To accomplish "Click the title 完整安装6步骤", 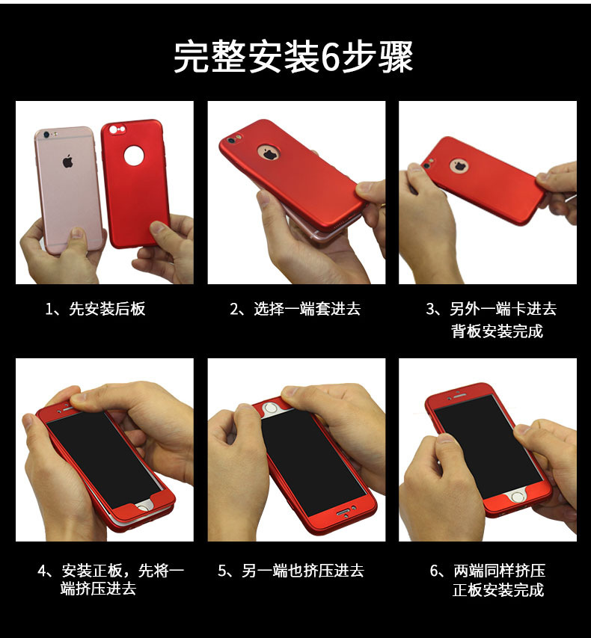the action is [293, 57].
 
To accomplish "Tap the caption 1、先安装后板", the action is [95, 309].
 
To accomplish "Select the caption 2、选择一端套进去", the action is [295, 309].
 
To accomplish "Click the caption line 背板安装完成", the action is [497, 331].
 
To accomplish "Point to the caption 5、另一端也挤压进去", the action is [290, 571].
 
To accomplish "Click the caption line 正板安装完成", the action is [498, 589].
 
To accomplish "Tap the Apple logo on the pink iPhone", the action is [67, 162].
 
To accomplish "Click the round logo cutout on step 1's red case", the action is [134, 156].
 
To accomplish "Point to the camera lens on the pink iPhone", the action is [46, 135].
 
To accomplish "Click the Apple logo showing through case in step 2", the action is [269, 153].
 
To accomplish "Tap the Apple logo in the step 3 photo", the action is [459, 166].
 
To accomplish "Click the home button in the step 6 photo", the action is [518, 497].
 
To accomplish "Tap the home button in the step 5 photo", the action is [271, 408].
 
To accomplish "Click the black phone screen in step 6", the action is [488, 447].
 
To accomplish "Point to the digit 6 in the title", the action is [330, 58].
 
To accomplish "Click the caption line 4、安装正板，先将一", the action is [111, 571].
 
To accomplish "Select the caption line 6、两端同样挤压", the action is [488, 571].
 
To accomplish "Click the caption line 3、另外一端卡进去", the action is [492, 309].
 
